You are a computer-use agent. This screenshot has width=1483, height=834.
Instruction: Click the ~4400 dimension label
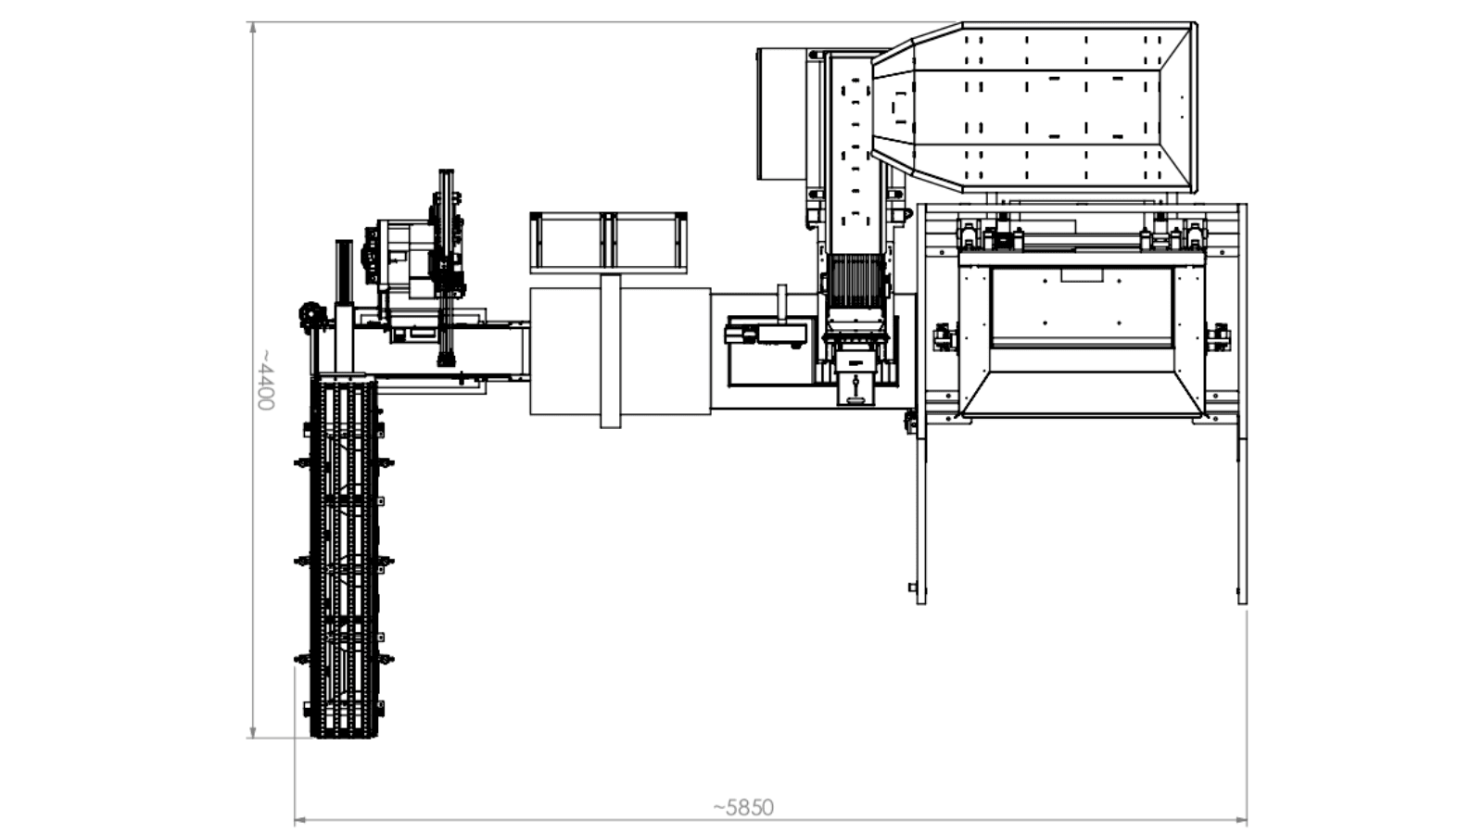265,380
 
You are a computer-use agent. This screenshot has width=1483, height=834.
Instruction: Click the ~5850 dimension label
742,807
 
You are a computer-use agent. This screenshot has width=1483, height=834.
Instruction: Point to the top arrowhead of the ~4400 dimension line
252,27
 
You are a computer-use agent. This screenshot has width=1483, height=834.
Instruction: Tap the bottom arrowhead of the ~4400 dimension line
252,732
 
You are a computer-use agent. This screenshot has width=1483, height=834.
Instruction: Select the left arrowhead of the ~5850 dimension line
300,821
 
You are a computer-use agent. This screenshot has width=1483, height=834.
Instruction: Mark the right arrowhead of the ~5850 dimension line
1241,821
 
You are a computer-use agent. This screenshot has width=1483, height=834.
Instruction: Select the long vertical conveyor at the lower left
344,556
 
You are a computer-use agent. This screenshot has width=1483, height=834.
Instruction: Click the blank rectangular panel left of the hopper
782,113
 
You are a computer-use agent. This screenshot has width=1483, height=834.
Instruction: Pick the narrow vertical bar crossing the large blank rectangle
611,351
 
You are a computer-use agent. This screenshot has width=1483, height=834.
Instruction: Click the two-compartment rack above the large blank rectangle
608,242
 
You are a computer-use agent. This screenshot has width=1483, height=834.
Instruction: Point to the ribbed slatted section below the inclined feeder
856,282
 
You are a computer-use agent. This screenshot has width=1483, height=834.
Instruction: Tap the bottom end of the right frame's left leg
921,601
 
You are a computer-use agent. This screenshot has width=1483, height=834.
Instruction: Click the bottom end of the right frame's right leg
1242,601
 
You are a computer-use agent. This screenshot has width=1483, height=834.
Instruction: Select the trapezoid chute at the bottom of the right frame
1081,395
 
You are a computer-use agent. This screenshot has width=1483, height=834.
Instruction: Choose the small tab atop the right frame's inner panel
1082,274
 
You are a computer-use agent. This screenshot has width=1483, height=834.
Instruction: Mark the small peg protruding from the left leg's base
912,587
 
